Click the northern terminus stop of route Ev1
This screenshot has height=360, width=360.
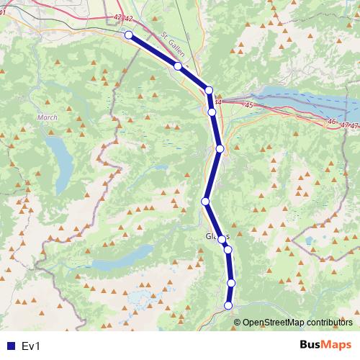(x=128, y=35)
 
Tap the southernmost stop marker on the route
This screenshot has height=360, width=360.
(x=229, y=305)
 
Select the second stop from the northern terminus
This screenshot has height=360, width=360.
(x=178, y=66)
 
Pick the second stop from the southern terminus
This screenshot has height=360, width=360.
(x=231, y=283)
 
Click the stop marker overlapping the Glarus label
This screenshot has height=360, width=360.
(x=222, y=239)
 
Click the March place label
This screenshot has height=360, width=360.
(x=46, y=117)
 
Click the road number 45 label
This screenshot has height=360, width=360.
(x=249, y=105)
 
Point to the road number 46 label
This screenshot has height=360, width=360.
(x=332, y=122)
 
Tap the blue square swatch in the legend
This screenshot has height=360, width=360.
(x=10, y=346)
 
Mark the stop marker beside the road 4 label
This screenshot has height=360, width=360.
(x=209, y=90)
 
